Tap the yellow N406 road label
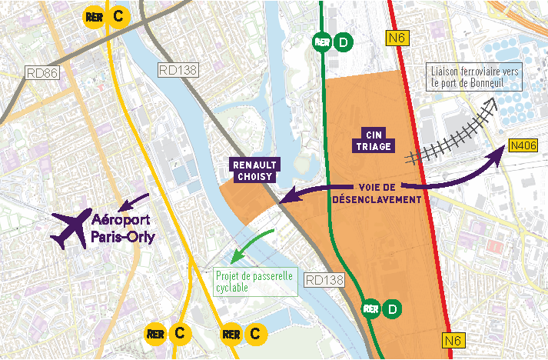522,145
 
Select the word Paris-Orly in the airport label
123,237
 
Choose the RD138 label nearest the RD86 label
177,70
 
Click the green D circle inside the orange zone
394,309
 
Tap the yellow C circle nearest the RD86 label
118,17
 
